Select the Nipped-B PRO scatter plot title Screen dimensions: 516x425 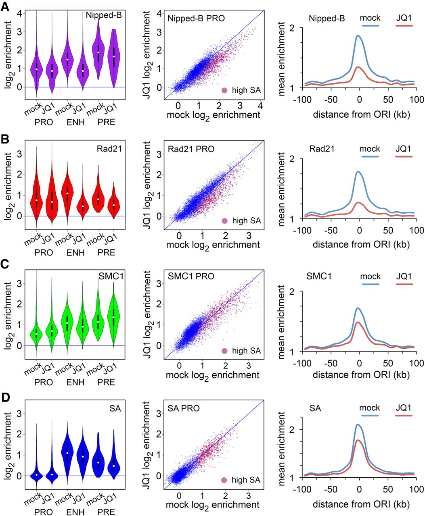[x=196, y=18]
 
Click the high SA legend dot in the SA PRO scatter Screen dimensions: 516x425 [x=225, y=480]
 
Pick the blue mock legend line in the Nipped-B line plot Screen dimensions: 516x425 [x=370, y=25]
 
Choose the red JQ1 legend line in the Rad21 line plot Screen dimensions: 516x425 [x=404, y=156]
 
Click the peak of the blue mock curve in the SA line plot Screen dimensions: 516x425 [x=358, y=424]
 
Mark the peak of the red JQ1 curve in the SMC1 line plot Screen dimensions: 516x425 [x=358, y=322]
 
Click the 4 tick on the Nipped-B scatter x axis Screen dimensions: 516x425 [x=260, y=105]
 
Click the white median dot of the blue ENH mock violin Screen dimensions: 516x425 [x=67, y=453]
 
